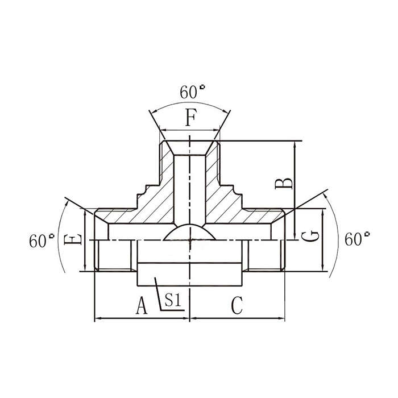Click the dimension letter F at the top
coord(191,119)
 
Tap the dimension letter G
coord(309,236)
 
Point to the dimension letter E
coord(73,241)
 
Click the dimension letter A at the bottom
coord(142,307)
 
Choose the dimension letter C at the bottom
coord(237,307)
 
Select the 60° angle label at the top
coord(193,92)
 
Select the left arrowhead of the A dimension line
coord(97,318)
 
